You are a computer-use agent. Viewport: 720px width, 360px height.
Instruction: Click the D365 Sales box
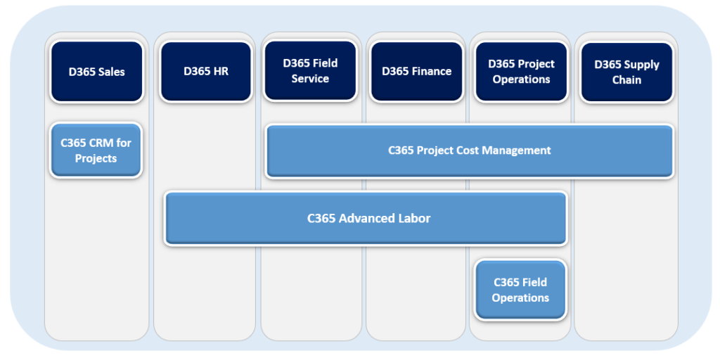point(97,72)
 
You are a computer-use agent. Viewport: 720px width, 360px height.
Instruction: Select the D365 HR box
point(206,72)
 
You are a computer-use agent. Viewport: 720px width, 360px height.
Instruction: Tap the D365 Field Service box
point(310,71)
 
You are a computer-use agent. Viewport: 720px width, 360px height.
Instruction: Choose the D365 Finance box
point(416,72)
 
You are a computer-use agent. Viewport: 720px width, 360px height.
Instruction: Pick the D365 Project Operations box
point(521,72)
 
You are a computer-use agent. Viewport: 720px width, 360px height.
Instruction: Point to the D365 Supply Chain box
point(626,72)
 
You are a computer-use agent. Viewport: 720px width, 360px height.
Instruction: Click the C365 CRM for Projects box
point(96,150)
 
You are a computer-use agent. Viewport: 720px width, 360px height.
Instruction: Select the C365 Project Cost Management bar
point(469,150)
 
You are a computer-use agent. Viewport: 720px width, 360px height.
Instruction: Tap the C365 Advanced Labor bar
point(366,218)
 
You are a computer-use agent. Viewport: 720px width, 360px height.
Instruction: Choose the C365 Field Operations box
point(520,290)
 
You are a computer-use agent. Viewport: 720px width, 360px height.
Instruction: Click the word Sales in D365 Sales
point(111,72)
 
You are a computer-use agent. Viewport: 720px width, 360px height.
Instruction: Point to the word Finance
point(432,71)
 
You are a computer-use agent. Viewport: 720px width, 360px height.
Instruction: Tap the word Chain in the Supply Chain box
point(626,80)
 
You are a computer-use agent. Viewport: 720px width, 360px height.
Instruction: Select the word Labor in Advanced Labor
point(415,218)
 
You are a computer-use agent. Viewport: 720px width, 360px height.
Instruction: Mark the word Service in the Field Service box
point(310,79)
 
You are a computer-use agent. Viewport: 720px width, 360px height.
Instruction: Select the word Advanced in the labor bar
point(368,218)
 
